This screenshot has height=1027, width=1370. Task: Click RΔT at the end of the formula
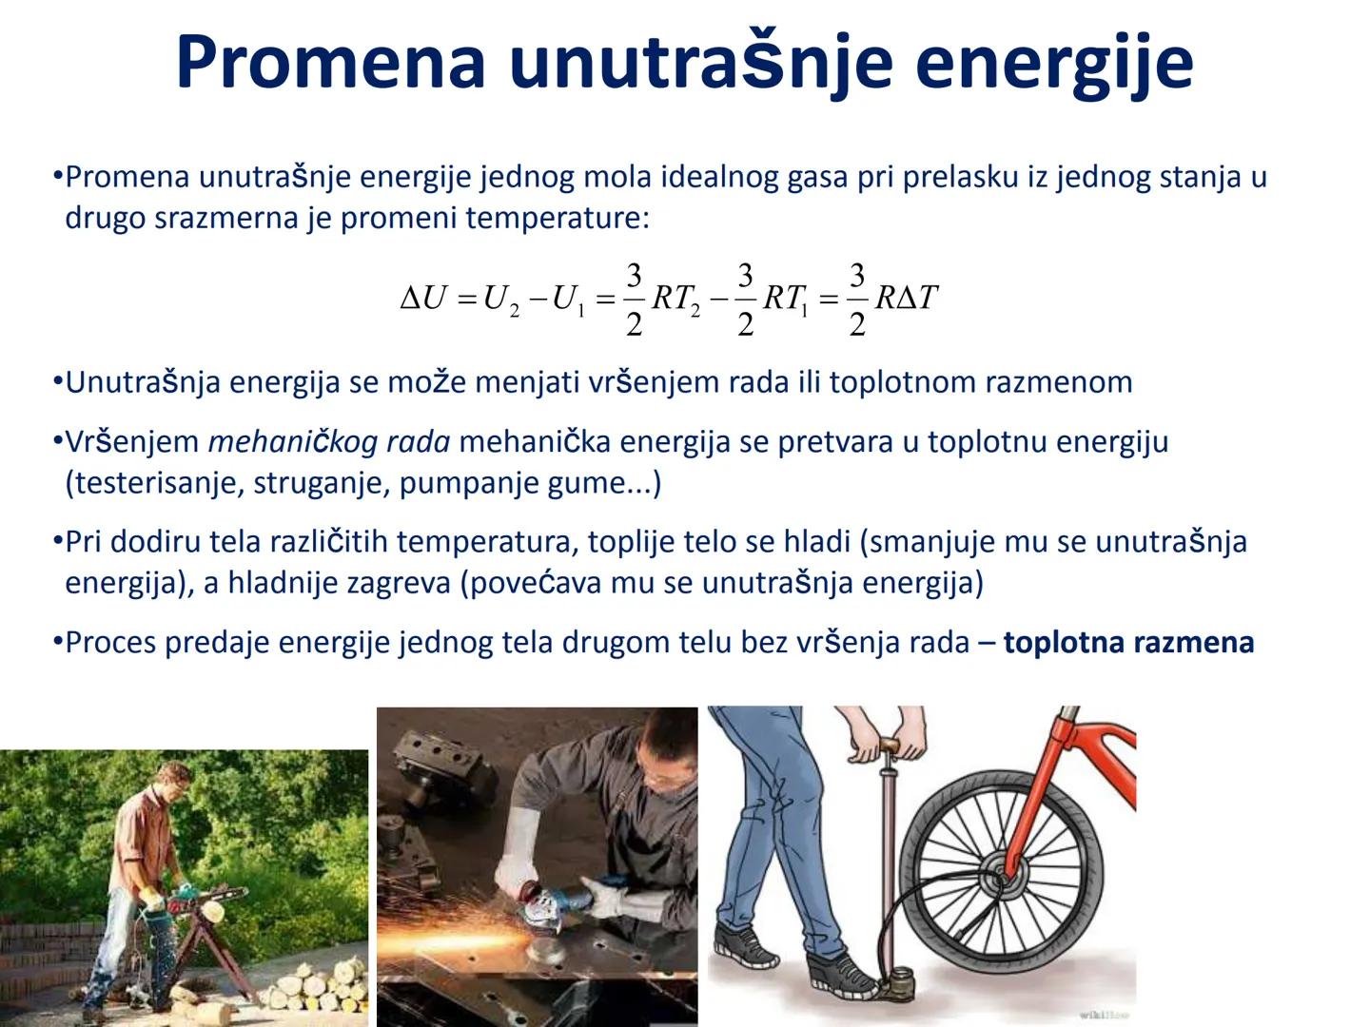[x=906, y=299]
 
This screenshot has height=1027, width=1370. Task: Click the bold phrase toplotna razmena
[x=1128, y=643]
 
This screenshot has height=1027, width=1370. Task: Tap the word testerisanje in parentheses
[x=149, y=483]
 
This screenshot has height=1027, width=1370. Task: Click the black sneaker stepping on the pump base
[x=839, y=975]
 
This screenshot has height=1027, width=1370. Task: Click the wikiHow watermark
[x=1103, y=1015]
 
